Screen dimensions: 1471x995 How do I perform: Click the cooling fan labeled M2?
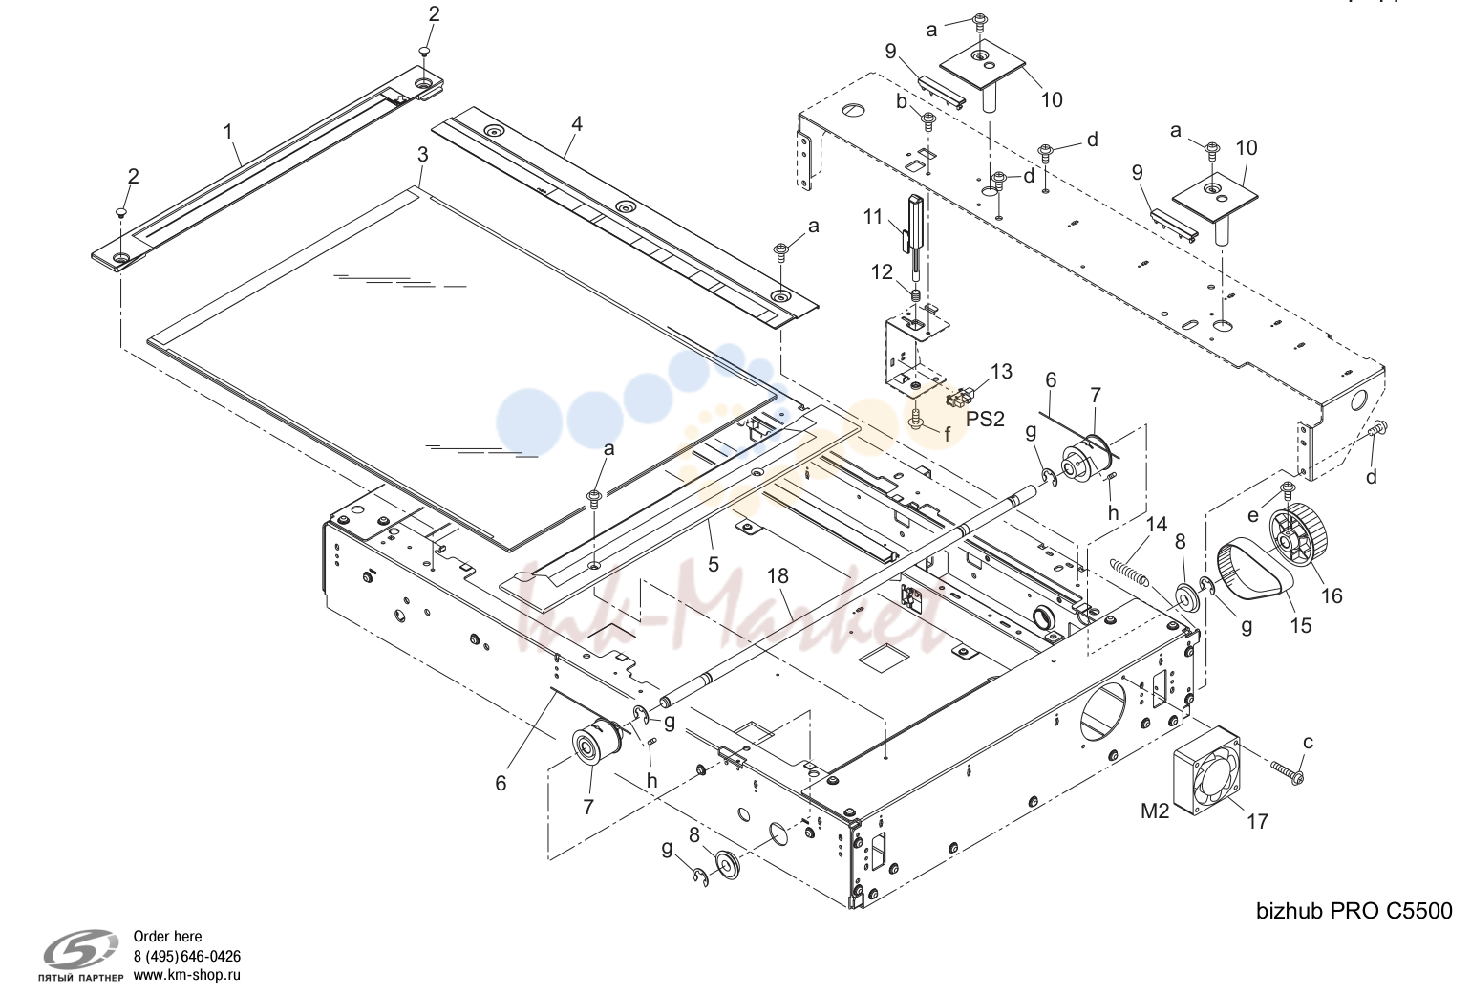(x=1207, y=770)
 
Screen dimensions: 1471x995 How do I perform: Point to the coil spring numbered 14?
(x=1130, y=571)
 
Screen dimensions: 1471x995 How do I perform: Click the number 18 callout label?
(x=778, y=576)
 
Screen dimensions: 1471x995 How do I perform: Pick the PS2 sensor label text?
(x=985, y=419)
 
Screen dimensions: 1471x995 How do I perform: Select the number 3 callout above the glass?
(x=422, y=155)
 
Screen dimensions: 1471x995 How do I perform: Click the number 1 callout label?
(x=228, y=132)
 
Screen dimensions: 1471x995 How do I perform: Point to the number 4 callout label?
(x=577, y=123)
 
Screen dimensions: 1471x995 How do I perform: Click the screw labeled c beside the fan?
(x=1287, y=773)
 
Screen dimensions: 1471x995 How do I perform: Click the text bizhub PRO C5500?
(x=1354, y=911)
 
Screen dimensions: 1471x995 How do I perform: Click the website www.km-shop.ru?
(x=187, y=975)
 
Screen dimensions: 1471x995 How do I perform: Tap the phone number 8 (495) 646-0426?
(x=187, y=956)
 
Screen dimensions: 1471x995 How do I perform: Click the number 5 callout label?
(x=714, y=564)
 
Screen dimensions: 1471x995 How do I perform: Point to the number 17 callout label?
(x=1257, y=821)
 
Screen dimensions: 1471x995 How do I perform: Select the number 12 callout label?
(x=882, y=271)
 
